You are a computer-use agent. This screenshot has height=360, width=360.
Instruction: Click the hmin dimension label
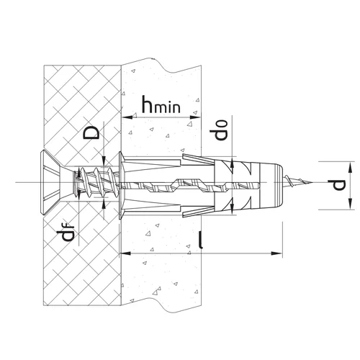pos(161,104)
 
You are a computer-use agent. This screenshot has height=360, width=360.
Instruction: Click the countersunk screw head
pos(51,182)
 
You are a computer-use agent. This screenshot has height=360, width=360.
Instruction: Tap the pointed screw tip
pos(311,183)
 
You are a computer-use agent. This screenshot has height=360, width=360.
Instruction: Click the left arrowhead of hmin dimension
pos(127,117)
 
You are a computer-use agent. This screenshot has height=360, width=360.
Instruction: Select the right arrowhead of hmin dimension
pos(195,117)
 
